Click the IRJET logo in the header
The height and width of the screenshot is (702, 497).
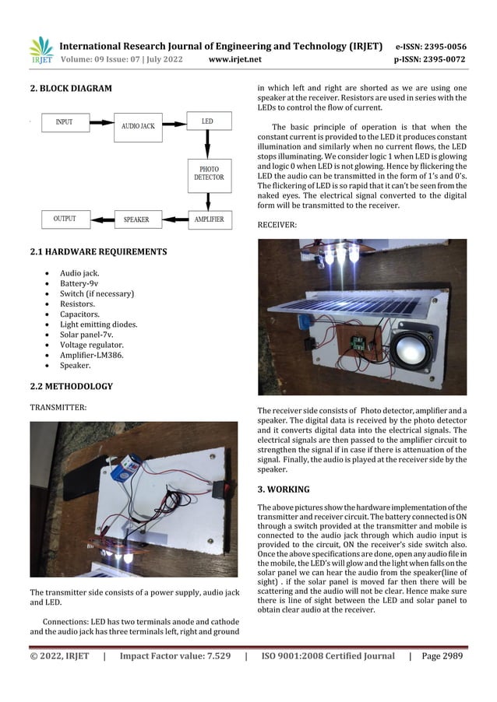[x=41, y=51]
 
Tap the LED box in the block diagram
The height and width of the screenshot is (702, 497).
[x=207, y=122]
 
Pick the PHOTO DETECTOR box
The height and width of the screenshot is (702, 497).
[x=208, y=174]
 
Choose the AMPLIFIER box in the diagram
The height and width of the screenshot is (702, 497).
[x=209, y=219]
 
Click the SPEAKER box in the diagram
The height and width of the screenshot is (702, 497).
[x=136, y=220]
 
